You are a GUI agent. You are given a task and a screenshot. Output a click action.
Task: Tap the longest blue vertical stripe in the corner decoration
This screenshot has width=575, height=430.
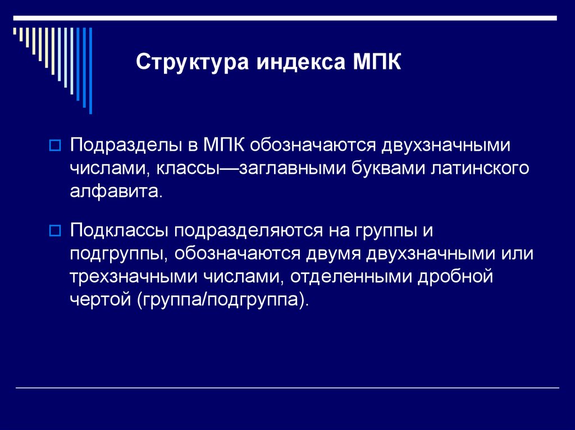tap(90, 70)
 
